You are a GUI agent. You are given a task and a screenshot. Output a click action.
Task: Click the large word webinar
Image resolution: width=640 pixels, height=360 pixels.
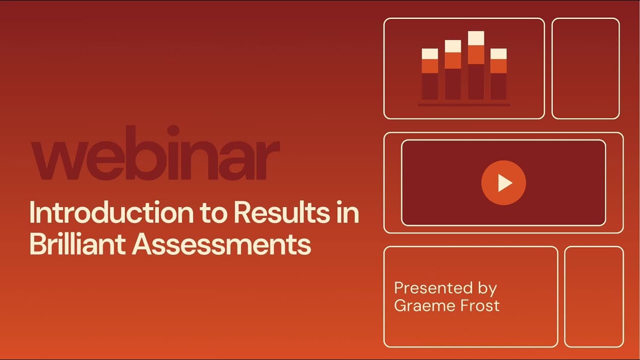155,154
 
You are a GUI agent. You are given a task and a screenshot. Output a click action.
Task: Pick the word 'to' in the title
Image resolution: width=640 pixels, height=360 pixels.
213,213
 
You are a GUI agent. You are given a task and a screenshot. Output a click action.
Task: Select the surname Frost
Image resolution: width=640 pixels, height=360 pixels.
480,305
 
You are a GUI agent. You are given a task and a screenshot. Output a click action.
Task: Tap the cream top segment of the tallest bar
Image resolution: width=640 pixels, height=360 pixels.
476,38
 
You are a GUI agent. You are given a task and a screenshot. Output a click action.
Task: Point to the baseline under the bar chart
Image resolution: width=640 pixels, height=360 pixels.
464,105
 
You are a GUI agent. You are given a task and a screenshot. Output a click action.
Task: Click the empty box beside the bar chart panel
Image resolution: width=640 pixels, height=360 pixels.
585,68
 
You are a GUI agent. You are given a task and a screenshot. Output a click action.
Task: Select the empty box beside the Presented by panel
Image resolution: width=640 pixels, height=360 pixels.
594,296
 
